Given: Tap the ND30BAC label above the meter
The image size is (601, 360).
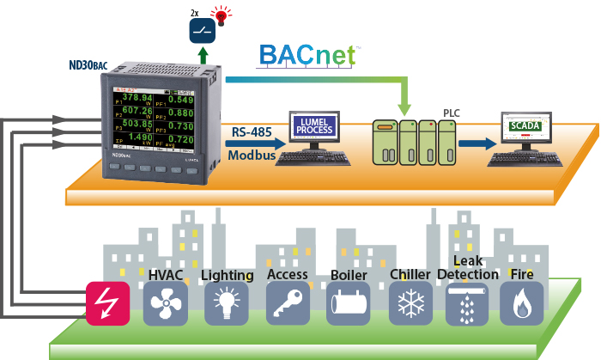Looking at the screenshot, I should click(x=88, y=64).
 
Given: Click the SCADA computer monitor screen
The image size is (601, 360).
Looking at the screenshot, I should click(x=525, y=127).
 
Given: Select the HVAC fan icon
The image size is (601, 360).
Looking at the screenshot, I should click(x=166, y=303).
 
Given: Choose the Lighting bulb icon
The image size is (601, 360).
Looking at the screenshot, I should click(x=227, y=303).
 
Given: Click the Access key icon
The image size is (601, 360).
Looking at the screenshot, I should click(x=287, y=303).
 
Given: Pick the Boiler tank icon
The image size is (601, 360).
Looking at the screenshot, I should click(x=348, y=303).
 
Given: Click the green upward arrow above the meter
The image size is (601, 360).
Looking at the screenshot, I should click(x=203, y=58).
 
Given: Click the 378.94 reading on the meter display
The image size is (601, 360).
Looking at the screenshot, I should click(x=137, y=98).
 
